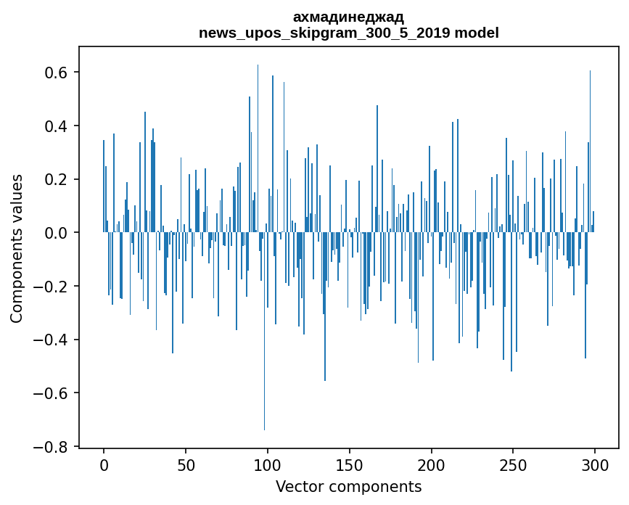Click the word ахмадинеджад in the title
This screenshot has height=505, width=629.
348,17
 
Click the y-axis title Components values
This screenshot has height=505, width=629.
17,248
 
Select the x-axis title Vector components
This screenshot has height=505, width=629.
348,487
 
